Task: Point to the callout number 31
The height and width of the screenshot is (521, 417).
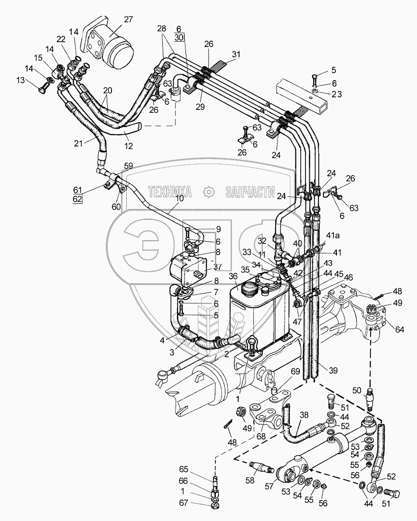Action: [x=236, y=55]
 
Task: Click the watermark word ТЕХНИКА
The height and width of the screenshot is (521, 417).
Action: [x=170, y=192]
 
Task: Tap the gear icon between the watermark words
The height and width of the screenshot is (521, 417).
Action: [x=207, y=192]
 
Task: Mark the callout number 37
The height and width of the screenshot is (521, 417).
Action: [x=218, y=266]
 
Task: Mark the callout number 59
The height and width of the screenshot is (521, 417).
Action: [x=128, y=165]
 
